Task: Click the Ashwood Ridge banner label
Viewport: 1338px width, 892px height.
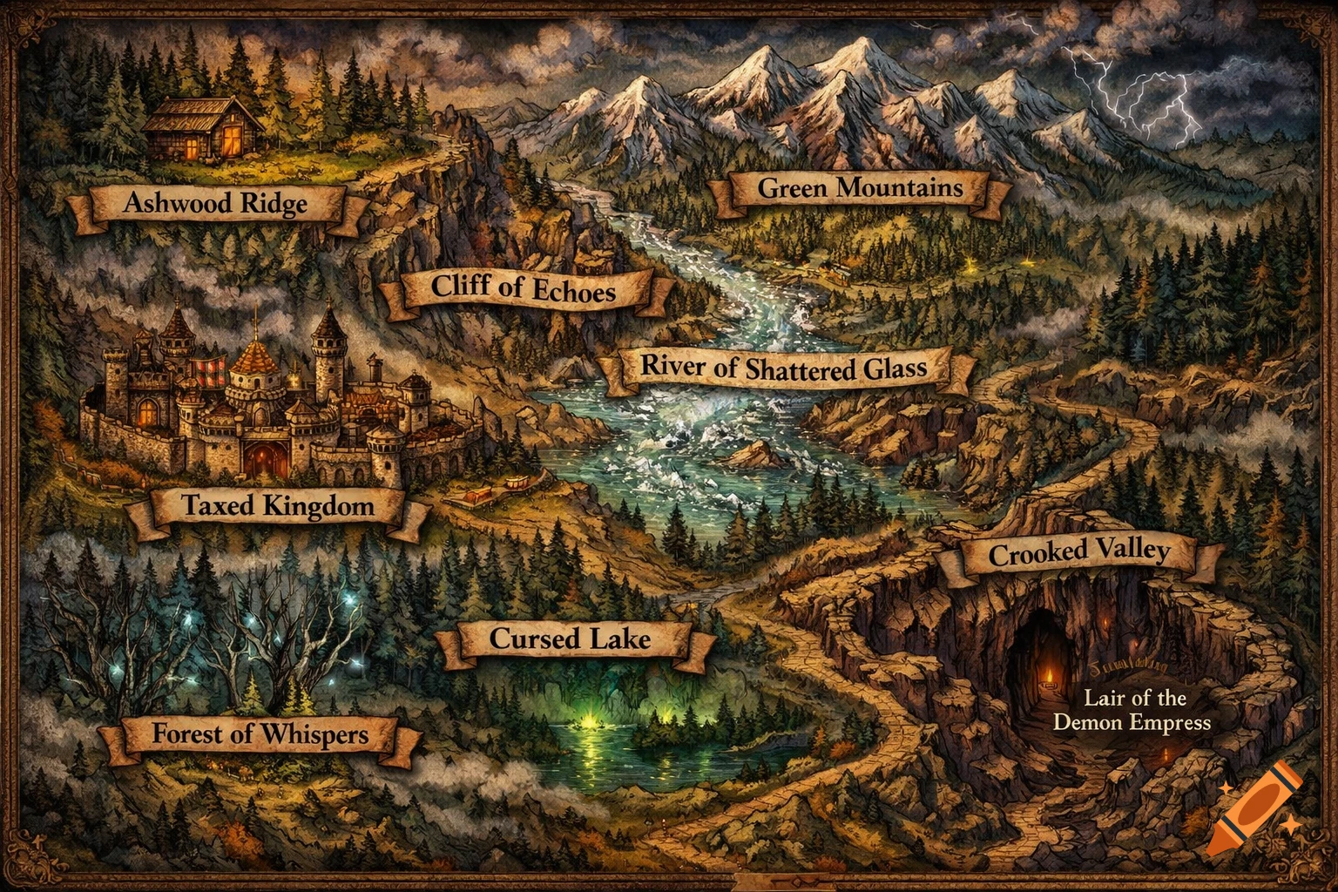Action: [x=215, y=204]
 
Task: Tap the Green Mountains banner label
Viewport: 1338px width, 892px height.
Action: [x=860, y=188]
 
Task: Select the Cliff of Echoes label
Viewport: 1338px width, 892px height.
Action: [x=523, y=287]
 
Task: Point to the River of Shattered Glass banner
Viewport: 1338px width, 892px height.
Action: [x=784, y=368]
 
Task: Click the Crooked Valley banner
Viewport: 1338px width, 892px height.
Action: [x=1078, y=552]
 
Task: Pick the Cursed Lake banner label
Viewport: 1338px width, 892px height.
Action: [x=570, y=639]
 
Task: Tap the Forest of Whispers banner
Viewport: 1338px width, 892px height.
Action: [x=260, y=734]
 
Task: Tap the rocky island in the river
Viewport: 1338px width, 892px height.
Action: [x=754, y=454]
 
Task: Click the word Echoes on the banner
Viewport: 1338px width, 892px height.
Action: [x=571, y=291]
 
